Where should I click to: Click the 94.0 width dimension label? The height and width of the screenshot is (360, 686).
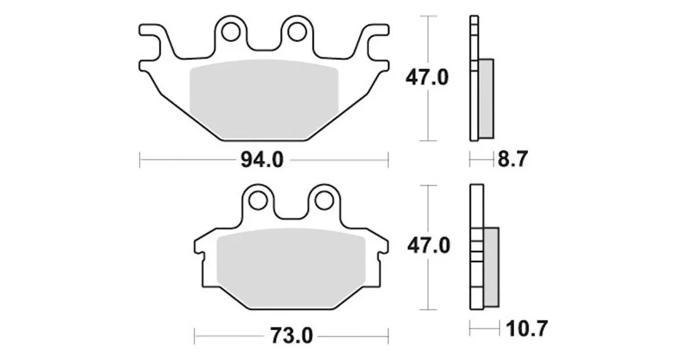tap(262, 160)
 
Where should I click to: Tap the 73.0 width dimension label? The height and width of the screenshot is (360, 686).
tap(292, 336)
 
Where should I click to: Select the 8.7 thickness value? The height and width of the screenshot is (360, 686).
tap(513, 159)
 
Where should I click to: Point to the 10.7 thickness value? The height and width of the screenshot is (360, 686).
tap(526, 328)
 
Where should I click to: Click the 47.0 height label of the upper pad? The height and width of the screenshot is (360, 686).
tap(426, 78)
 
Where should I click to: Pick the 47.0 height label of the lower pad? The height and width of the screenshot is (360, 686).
tap(428, 246)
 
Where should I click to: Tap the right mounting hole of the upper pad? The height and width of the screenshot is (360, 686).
tap(296, 32)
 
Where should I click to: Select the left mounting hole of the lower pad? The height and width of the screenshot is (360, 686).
tap(258, 200)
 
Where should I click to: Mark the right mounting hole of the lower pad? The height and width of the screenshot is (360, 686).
tap(323, 200)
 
